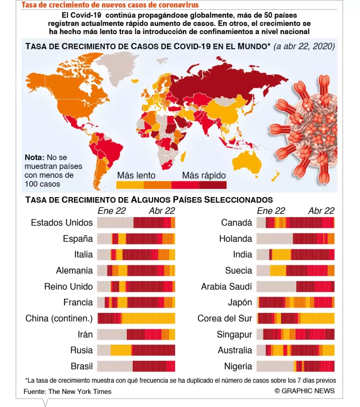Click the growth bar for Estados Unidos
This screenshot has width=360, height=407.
coord(136,223)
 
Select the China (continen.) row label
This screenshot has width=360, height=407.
coord(59,318)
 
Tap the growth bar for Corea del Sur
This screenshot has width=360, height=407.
coord(296,318)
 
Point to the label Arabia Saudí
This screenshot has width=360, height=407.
coord(226,287)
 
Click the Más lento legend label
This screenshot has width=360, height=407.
coord(136,175)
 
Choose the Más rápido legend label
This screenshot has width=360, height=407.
coord(204,175)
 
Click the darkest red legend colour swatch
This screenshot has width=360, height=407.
coord(212,185)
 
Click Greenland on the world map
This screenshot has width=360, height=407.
coord(115,68)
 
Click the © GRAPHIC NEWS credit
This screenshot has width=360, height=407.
coord(304,391)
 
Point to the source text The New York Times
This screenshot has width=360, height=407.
coord(80,391)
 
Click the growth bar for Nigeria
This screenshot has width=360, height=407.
coord(296,366)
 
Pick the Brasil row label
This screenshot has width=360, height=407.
coord(82,366)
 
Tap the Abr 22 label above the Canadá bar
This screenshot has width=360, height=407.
coord(321,211)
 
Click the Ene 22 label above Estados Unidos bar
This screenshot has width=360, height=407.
coord(111,211)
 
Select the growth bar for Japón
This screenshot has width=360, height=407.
coord(296,302)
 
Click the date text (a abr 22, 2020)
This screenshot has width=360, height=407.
coord(304,46)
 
